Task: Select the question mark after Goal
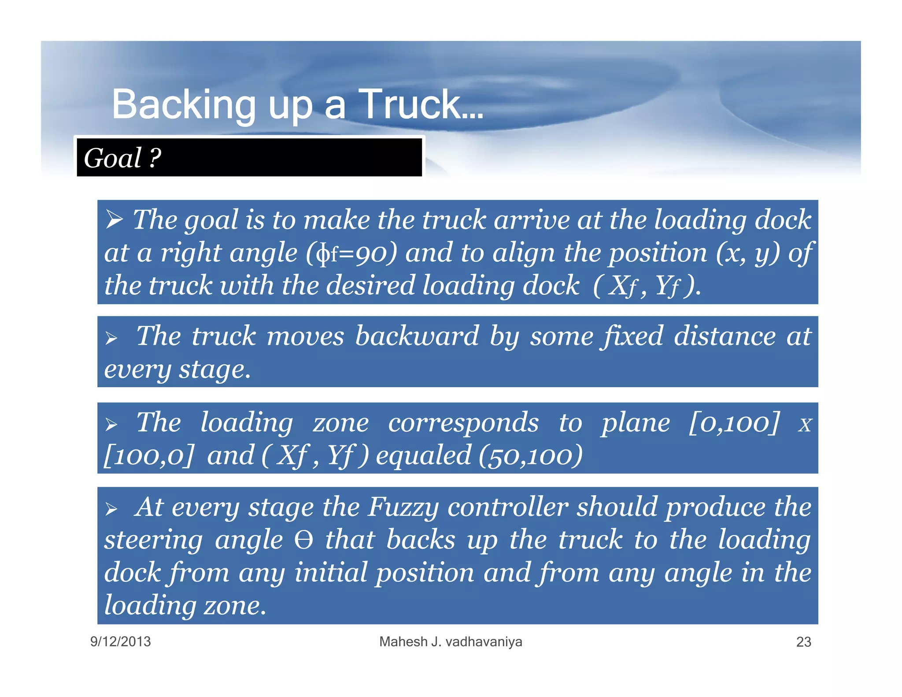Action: [x=155, y=158]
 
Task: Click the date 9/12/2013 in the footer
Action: [x=120, y=641]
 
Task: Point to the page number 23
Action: [x=803, y=642]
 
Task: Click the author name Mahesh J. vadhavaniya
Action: [x=451, y=641]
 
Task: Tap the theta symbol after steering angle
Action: [x=304, y=540]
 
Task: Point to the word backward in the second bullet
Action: [x=417, y=336]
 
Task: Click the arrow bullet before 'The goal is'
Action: [x=114, y=219]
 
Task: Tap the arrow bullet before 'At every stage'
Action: [x=111, y=509]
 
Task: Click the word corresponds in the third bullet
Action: [x=463, y=423]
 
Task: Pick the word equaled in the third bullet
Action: [x=423, y=456]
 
